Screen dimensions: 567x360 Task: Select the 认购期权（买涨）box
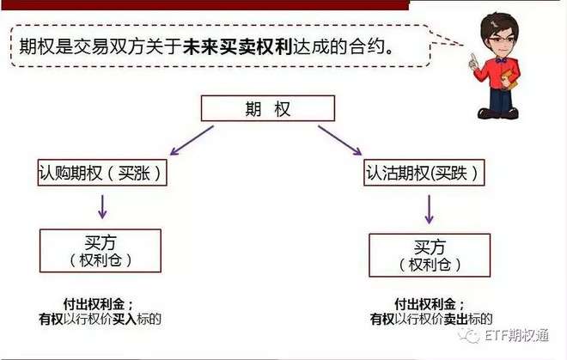100,173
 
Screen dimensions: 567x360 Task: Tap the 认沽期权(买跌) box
422,173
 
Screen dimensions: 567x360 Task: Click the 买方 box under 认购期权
101,251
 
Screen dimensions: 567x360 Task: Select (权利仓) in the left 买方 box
101,260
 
